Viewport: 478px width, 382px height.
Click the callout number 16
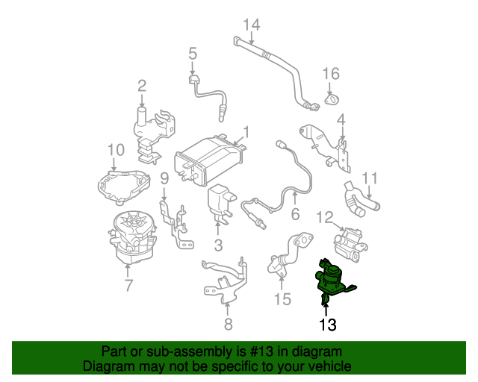coord(331,73)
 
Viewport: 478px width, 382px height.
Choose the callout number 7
coord(128,285)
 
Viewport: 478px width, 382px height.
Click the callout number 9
coord(164,178)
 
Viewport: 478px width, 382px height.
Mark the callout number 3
coord(218,245)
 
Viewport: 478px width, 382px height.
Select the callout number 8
coord(228,323)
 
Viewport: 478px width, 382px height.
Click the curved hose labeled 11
coord(362,198)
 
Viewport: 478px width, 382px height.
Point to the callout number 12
coord(324,217)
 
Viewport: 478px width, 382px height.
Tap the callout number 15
coord(282,299)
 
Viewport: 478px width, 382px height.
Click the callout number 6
coord(294,214)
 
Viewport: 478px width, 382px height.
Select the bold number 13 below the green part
coord(328,325)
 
